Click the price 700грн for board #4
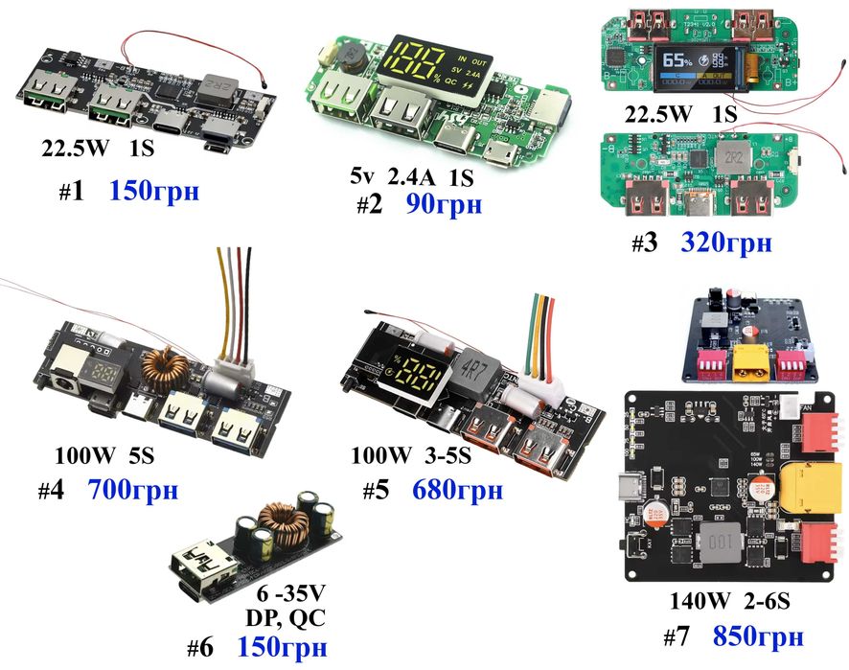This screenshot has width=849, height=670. [132, 491]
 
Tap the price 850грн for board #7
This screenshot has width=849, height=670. [757, 636]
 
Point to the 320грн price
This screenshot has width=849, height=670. [725, 243]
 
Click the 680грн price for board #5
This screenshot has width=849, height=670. [458, 491]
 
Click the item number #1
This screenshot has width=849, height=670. [72, 192]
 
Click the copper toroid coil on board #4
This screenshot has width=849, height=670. [165, 366]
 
